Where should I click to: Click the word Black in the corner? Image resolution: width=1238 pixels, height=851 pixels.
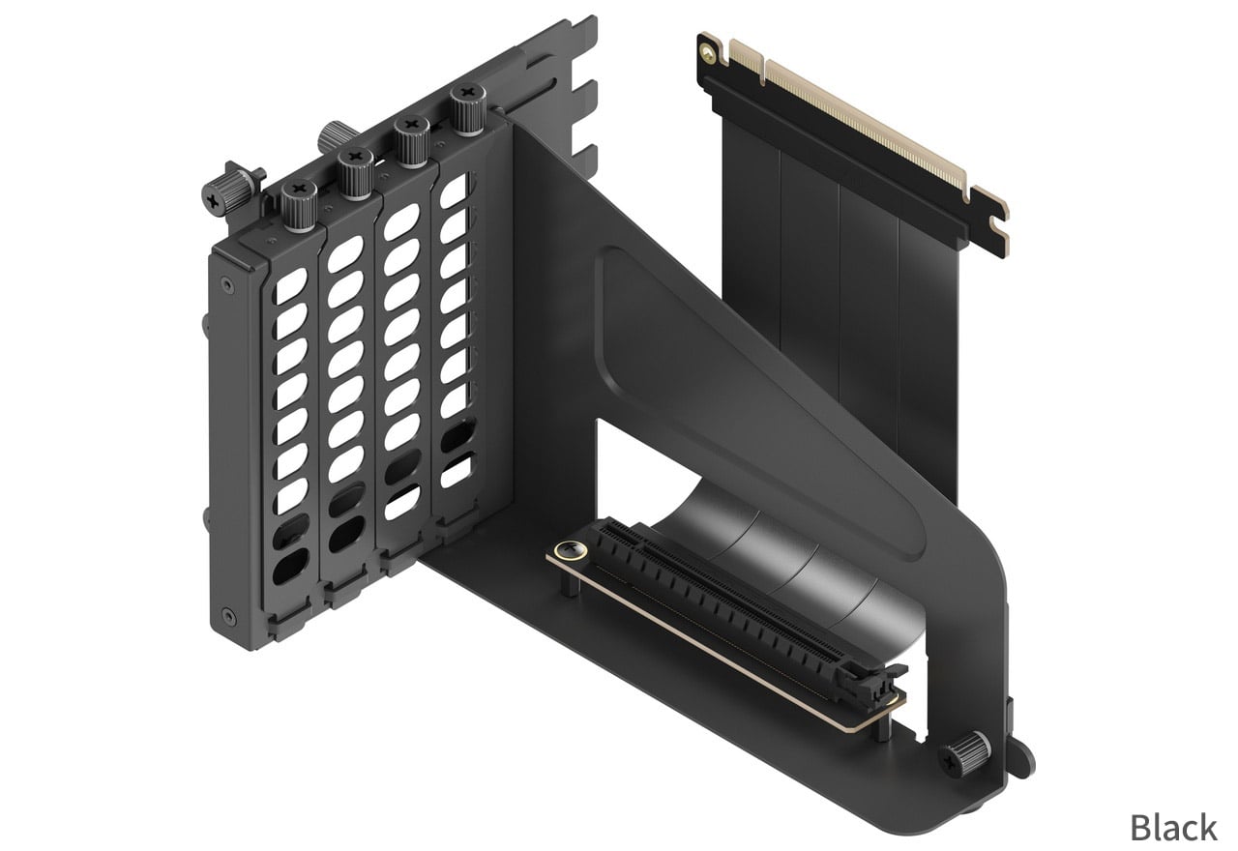coord(1174,827)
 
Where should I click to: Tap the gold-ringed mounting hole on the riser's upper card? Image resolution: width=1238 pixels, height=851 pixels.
coord(707,52)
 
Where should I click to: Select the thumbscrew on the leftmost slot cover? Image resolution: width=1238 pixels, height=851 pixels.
coord(299,206)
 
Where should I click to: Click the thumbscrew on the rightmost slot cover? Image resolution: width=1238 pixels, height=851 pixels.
coord(467,109)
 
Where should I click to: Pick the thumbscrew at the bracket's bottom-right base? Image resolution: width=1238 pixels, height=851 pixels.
coord(964,754)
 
